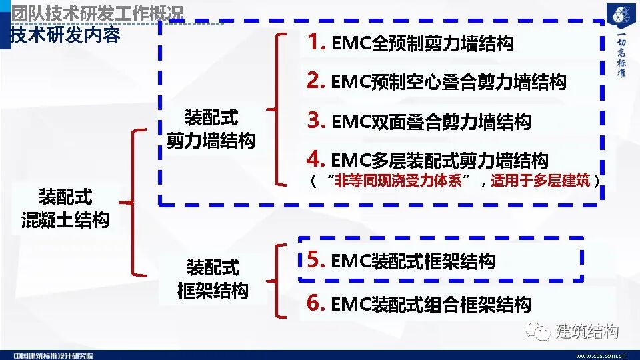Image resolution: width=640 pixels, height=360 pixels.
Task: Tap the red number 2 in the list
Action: [315, 81]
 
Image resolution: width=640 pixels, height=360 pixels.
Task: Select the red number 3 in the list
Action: [315, 121]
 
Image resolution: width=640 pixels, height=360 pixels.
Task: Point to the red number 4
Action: [315, 159]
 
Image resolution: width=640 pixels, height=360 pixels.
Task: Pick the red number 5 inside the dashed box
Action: [315, 259]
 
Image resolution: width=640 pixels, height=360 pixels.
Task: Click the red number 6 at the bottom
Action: [315, 303]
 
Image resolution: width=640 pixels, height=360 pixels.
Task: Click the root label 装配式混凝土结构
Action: [65, 209]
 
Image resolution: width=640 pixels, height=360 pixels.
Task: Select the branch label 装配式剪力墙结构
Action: [211, 129]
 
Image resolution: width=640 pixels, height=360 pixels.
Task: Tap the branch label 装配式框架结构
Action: [213, 279]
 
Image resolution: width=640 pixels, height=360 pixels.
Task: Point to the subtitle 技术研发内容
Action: [65, 35]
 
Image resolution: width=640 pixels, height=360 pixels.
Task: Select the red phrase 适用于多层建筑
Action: [541, 181]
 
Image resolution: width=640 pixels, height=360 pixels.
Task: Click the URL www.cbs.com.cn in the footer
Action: [600, 355]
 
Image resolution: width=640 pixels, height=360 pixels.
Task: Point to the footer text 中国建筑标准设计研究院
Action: [53, 355]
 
